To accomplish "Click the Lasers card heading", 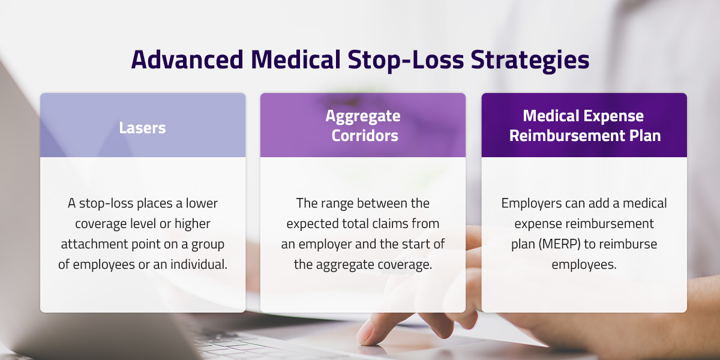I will point(143,128).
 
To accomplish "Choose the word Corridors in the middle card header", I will point(362,136).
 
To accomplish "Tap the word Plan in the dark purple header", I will point(643,136).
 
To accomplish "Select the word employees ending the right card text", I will point(584,265).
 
